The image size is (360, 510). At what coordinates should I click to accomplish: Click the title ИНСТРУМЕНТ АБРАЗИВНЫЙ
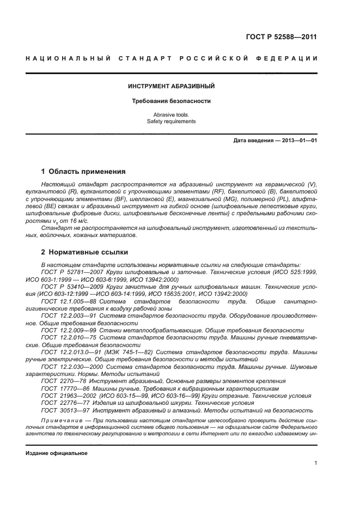click(x=171, y=86)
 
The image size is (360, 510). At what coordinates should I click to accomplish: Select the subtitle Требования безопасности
click(x=171, y=101)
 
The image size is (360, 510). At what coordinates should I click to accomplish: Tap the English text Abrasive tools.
click(x=171, y=115)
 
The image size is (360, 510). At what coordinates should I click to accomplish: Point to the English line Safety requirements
click(x=171, y=122)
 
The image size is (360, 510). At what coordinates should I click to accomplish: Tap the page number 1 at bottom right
click(x=315, y=463)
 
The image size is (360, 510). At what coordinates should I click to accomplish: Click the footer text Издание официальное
click(x=57, y=453)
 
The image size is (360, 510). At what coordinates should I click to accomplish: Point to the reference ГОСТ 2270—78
click(x=61, y=381)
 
